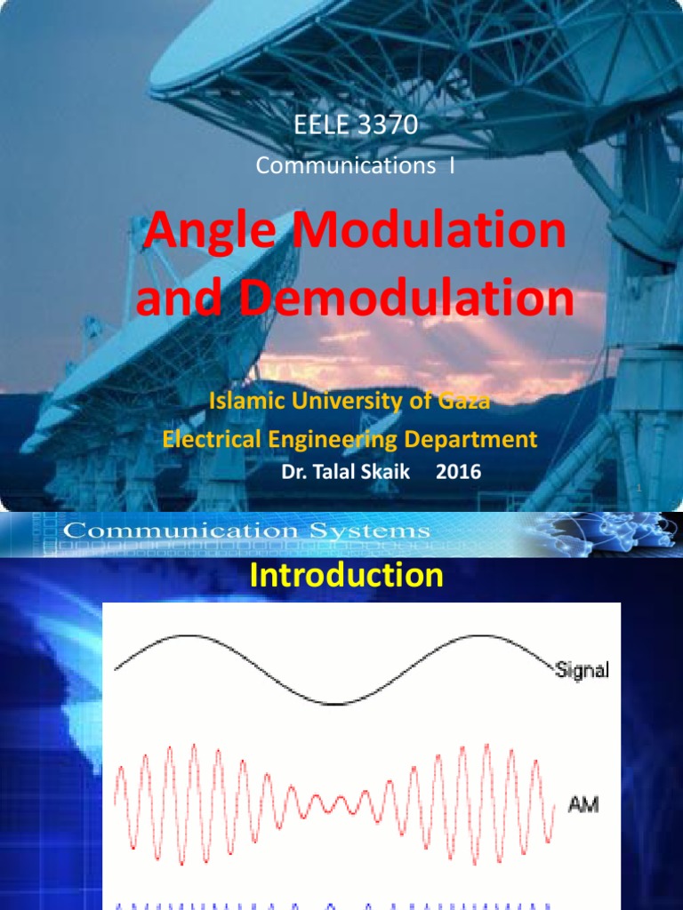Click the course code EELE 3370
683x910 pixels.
(355, 125)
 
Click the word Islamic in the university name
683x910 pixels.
(240, 401)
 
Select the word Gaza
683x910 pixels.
(465, 401)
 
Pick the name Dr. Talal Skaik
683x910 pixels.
(346, 473)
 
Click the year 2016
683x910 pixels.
(458, 473)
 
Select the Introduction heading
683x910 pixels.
(346, 576)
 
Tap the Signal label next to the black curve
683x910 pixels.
(582, 671)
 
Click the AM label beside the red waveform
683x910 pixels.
(583, 805)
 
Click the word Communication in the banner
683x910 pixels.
(183, 531)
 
